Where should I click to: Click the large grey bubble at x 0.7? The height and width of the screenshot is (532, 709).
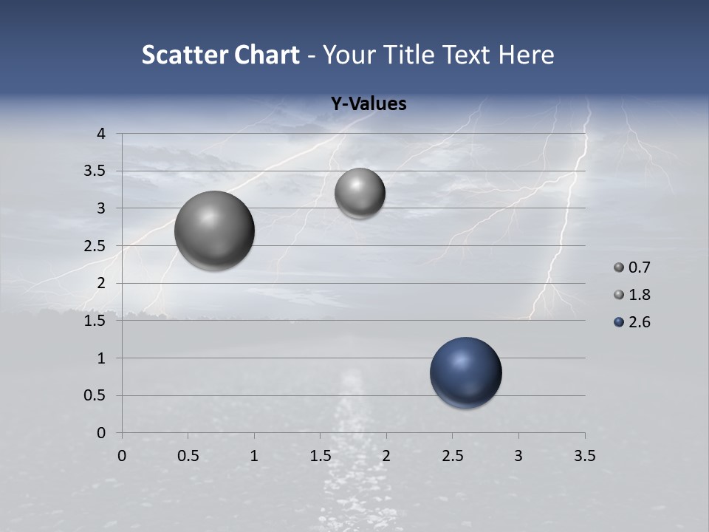(x=214, y=231)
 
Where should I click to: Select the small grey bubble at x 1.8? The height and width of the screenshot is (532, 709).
(x=360, y=193)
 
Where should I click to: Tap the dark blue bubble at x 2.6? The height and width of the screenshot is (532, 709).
(x=465, y=372)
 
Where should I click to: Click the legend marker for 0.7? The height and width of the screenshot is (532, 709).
(x=619, y=267)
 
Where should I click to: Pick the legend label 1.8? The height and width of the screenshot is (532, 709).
(x=639, y=295)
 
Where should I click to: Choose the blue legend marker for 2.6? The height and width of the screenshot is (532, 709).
(x=619, y=322)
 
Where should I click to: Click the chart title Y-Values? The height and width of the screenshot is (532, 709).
(x=368, y=104)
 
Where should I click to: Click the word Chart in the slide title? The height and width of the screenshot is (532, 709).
(x=267, y=55)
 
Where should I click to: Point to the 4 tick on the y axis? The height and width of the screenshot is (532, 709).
(x=102, y=134)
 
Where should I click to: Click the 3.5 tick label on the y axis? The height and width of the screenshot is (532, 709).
(x=96, y=171)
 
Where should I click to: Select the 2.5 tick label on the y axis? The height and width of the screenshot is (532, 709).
(x=96, y=246)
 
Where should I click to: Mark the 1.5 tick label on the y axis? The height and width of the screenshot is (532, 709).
(x=96, y=321)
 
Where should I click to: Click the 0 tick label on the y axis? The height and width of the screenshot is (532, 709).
(x=102, y=433)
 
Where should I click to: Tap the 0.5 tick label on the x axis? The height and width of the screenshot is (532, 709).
(x=188, y=456)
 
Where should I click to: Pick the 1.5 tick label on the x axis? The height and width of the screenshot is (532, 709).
(x=320, y=456)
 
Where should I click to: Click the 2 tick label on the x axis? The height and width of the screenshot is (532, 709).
(x=386, y=456)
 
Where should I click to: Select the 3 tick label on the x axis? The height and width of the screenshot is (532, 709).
(x=518, y=456)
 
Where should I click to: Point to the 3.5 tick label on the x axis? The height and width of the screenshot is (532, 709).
(x=584, y=456)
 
